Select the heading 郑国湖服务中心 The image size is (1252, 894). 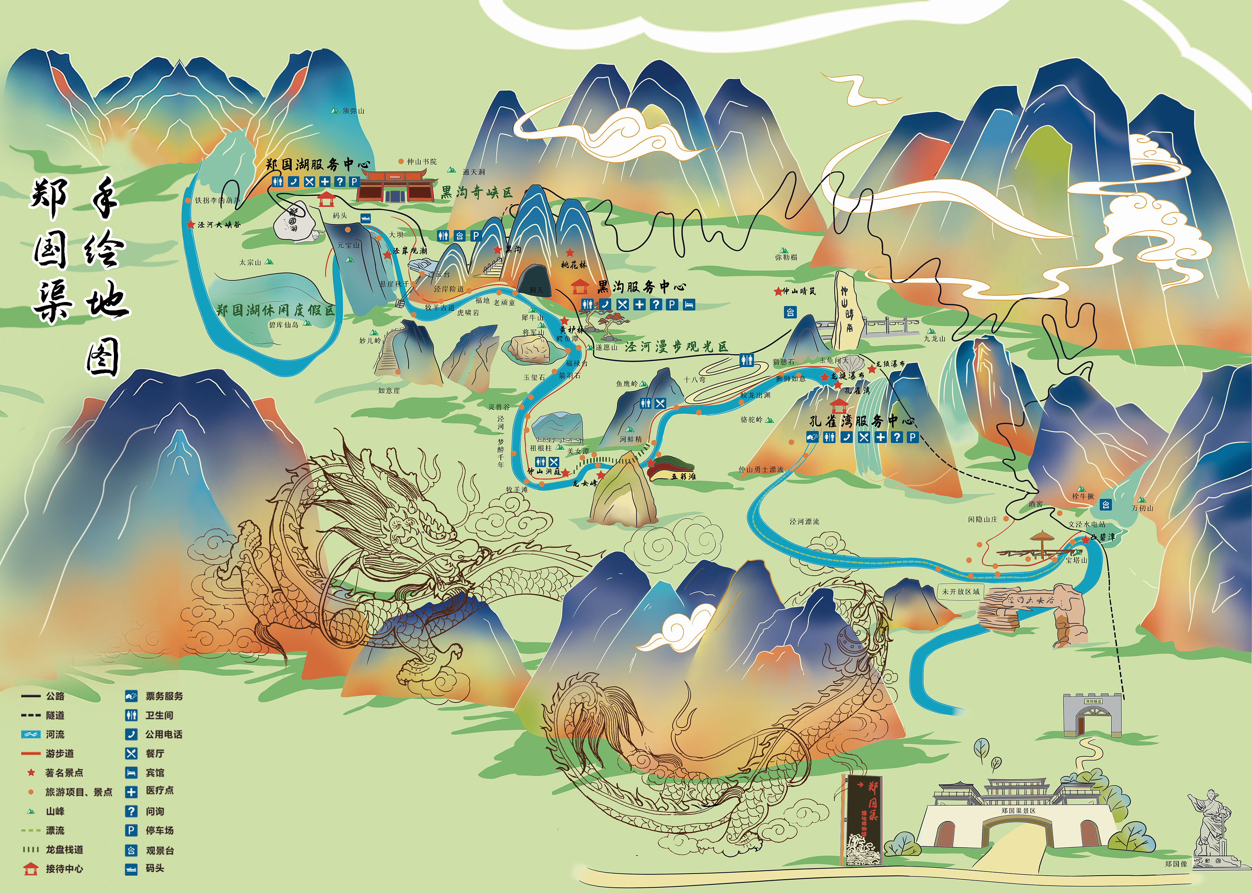click(318, 164)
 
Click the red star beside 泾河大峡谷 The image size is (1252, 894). click(190, 224)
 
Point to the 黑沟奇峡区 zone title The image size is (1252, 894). click(476, 192)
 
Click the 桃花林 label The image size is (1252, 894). click(574, 265)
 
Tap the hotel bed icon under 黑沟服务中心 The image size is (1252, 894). click(689, 304)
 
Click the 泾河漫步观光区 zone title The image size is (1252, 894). click(676, 346)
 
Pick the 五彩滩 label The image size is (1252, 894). click(683, 476)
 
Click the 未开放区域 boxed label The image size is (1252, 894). click(961, 592)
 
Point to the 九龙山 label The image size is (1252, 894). click(934, 339)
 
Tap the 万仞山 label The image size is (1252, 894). click(1142, 508)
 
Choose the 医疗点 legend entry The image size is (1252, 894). click(160, 791)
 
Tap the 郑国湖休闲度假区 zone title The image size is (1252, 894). click(275, 310)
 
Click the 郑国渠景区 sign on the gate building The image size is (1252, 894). click(1018, 811)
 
